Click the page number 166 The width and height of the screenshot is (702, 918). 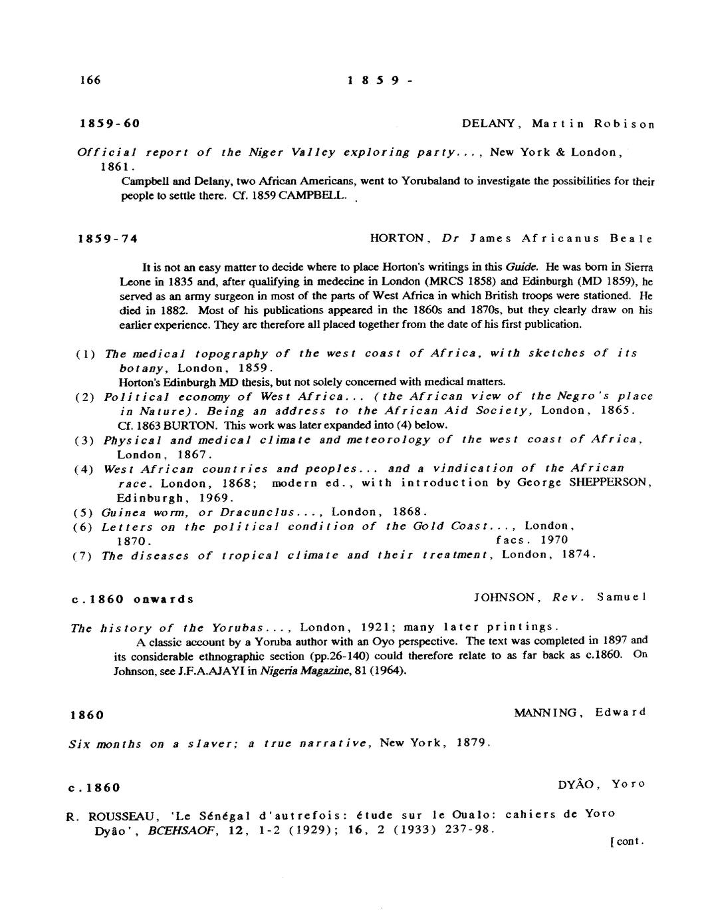click(x=89, y=80)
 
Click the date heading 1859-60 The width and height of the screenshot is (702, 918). click(x=109, y=124)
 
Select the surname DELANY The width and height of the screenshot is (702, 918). click(x=487, y=124)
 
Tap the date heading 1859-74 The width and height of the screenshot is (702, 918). click(x=109, y=239)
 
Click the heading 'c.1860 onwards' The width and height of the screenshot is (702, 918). click(x=132, y=599)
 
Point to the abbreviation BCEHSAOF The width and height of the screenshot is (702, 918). click(x=183, y=830)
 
